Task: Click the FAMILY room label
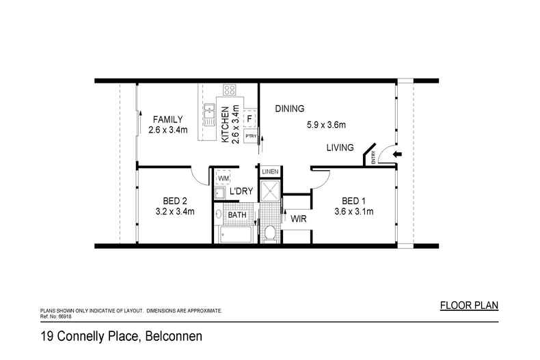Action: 167,119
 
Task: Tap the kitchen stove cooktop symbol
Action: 230,90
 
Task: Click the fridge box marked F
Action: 250,119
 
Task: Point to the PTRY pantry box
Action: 250,135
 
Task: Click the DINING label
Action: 289,109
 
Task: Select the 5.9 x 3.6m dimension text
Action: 325,125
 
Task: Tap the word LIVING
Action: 340,148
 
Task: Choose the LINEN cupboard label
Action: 269,171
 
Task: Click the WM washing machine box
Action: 224,178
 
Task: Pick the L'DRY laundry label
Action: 242,191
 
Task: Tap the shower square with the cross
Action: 269,191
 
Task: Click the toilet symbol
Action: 270,233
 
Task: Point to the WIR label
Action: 298,219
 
